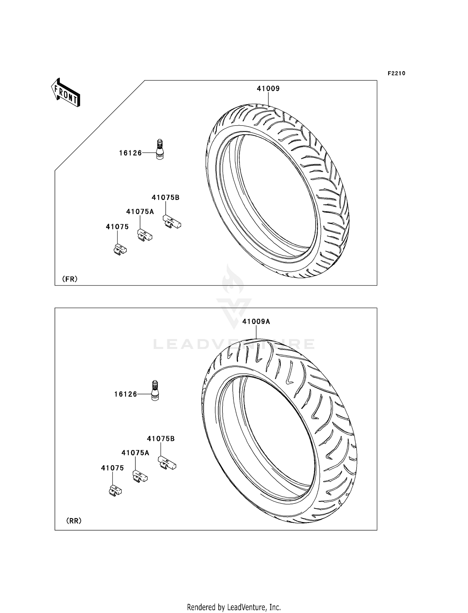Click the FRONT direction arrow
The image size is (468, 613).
coord(66,92)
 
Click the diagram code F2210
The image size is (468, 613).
coord(396,73)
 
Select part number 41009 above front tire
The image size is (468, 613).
coord(268,89)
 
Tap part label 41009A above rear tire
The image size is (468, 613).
coord(256,321)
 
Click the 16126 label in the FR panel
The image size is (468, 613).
coord(130,153)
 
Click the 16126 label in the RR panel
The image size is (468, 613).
coord(126,394)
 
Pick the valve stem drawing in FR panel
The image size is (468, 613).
coord(160,150)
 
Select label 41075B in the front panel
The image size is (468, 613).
coord(165,198)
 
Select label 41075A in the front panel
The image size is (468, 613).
coord(140,212)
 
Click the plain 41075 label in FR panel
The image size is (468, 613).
coord(117,227)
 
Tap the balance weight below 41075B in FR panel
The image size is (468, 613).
coord(172,222)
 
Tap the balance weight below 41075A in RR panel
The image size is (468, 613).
coord(140,476)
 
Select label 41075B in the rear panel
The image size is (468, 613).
coord(161,439)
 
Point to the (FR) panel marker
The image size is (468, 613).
coord(70,279)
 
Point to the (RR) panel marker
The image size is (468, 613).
coord(74,521)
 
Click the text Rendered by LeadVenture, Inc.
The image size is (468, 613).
coord(234,607)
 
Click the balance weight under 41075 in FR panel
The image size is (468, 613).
coord(120,249)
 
